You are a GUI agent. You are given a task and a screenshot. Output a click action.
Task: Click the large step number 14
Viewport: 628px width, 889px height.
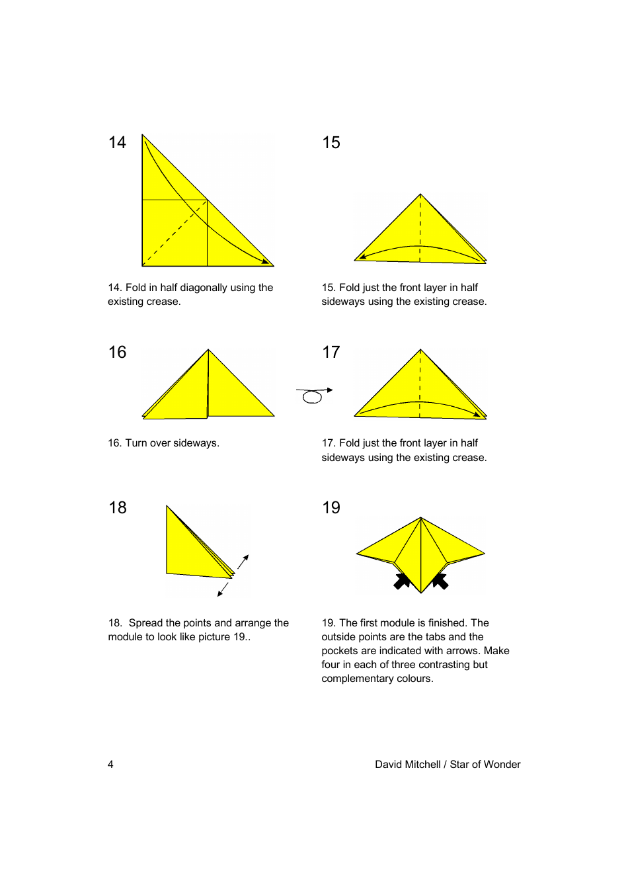click(x=117, y=143)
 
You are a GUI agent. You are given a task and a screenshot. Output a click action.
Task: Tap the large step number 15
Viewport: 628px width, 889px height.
click(x=331, y=143)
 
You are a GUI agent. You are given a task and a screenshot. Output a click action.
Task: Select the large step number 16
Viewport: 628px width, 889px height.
click(x=117, y=353)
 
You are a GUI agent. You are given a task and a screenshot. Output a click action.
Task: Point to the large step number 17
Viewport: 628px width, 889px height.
click(x=331, y=353)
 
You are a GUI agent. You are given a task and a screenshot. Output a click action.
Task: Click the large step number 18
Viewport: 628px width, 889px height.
click(x=118, y=508)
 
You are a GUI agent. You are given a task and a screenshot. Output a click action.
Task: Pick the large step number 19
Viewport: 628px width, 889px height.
click(x=331, y=508)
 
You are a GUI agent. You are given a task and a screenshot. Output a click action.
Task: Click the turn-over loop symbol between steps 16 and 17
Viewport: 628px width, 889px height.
click(x=313, y=396)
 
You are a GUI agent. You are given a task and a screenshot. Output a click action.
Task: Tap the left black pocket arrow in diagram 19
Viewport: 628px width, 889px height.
click(x=401, y=581)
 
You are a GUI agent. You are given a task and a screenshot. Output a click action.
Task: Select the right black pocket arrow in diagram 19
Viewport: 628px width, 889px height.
click(x=440, y=581)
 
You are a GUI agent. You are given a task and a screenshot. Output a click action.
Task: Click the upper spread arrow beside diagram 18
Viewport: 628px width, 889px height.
click(x=243, y=562)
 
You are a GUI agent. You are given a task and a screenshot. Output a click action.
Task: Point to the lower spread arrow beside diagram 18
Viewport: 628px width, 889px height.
click(x=223, y=589)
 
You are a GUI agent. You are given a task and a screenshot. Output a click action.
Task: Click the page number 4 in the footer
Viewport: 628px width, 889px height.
click(x=110, y=765)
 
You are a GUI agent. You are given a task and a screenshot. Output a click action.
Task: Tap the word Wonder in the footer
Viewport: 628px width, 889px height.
click(x=503, y=765)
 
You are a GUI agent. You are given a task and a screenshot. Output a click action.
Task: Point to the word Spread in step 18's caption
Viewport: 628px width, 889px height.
click(x=146, y=623)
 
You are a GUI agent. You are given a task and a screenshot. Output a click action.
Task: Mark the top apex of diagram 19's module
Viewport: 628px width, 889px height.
click(x=420, y=518)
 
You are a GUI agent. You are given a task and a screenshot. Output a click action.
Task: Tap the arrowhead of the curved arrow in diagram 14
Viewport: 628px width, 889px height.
click(x=266, y=262)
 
